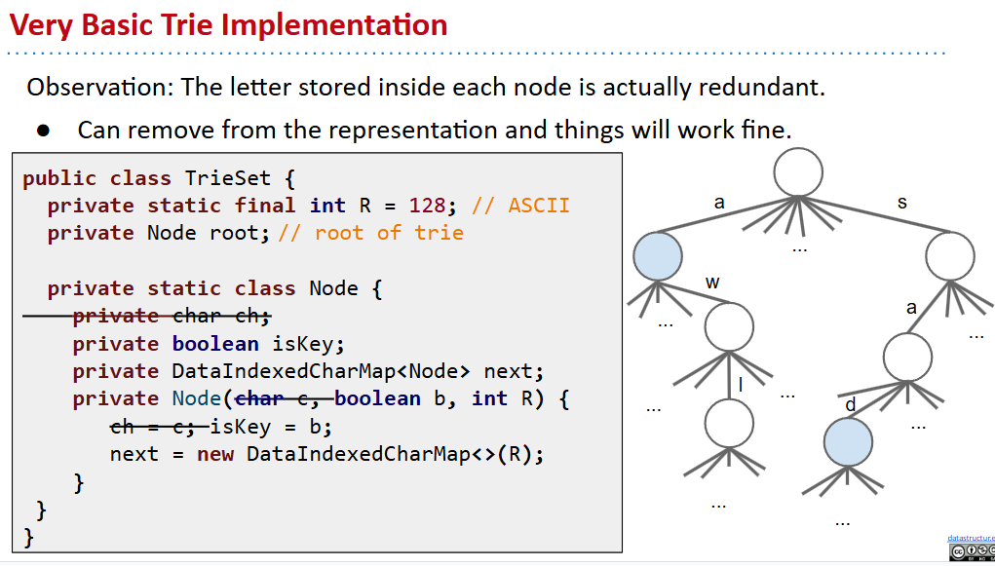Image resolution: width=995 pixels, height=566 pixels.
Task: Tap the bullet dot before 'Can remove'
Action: coord(43,131)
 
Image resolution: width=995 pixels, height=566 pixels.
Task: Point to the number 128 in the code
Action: coord(430,206)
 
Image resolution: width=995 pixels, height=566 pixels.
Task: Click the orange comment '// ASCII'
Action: coord(520,206)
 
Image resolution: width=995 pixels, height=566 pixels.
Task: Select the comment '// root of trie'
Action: coord(371,233)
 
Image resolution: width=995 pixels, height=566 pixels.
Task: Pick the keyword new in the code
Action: coord(215,454)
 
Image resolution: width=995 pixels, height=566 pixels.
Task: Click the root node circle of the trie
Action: coord(798,172)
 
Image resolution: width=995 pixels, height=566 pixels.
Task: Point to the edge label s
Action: coord(901,203)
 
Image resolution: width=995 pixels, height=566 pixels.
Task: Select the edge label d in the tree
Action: coord(850,403)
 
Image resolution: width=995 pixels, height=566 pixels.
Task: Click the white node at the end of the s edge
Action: coord(950,257)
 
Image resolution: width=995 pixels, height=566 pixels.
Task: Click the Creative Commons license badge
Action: coord(971,552)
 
